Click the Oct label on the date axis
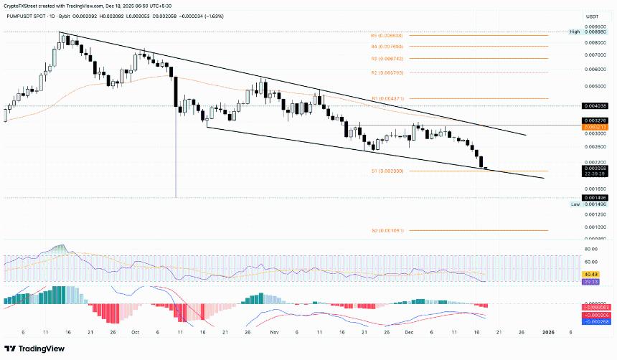coord(135,333)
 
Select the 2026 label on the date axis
coord(547,333)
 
